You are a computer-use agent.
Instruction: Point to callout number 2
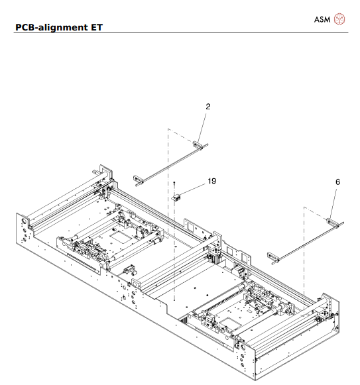tap(190, 106)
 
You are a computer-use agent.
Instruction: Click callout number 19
tap(211, 180)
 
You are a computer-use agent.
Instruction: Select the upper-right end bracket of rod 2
tap(198, 144)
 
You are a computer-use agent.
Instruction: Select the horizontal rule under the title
tap(180, 33)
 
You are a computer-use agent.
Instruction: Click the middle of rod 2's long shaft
tap(168, 160)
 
